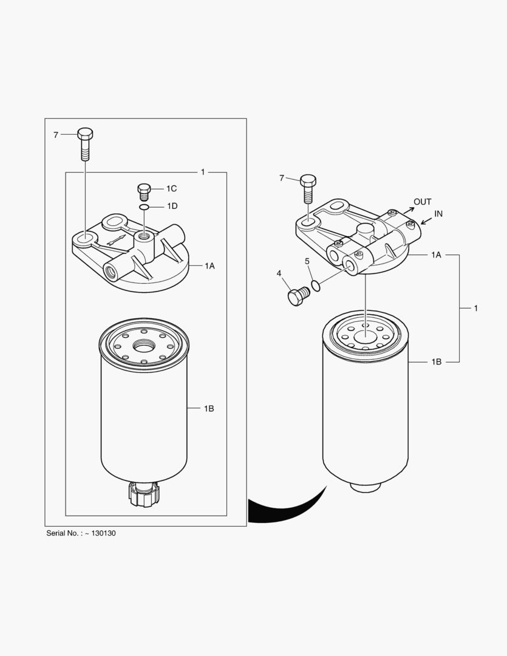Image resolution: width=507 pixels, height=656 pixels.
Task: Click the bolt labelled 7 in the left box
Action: [x=85, y=144]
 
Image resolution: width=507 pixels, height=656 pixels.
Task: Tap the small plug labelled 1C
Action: [x=144, y=192]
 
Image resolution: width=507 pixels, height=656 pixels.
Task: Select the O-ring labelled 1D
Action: [x=145, y=207]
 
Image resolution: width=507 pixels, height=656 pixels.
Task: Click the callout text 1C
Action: [x=171, y=189]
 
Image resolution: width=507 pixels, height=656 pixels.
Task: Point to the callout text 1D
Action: [x=172, y=206]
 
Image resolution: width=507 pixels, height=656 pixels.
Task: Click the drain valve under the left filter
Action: [x=144, y=494]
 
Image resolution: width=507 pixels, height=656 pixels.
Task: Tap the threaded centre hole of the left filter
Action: [x=144, y=346]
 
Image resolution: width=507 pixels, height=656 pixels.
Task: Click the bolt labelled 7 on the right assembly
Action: [x=308, y=188]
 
